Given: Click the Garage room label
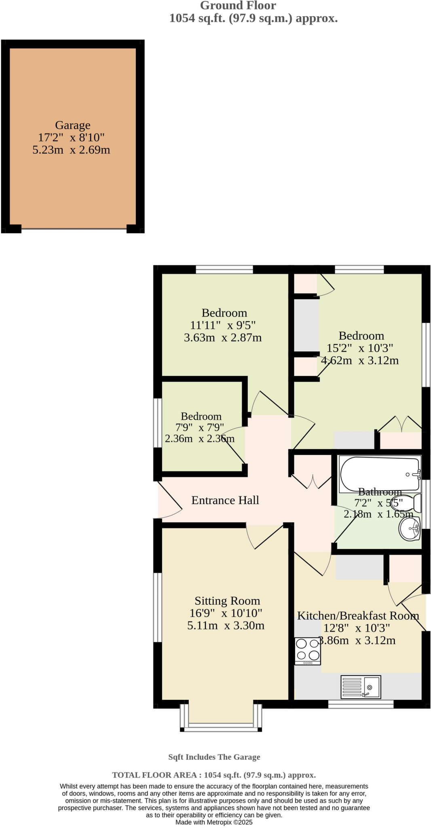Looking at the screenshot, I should [x=73, y=125].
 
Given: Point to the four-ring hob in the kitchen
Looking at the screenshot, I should [x=308, y=651].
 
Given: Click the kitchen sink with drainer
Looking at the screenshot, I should [x=361, y=687].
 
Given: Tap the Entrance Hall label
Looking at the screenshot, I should [x=225, y=501].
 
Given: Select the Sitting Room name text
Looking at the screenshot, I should [x=227, y=601].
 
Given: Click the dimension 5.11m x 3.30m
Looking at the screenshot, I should [x=226, y=626].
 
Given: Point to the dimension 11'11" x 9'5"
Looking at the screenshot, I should [x=223, y=325].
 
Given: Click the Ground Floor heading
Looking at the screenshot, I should [x=238, y=6].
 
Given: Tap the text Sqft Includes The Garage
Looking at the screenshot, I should [x=214, y=757].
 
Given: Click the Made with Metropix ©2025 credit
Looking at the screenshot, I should [x=214, y=822].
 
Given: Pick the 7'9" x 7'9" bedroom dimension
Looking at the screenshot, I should [x=200, y=427].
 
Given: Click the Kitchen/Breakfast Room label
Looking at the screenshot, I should [x=358, y=616].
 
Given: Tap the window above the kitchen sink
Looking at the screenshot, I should [x=361, y=704].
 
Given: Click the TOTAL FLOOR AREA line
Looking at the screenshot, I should [x=214, y=775].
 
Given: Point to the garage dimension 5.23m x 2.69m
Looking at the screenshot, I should [x=71, y=150].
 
